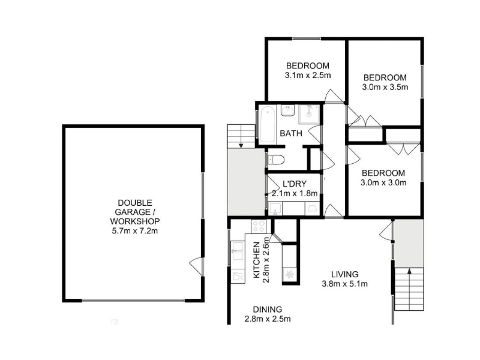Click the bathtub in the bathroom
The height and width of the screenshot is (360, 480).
[x=268, y=125]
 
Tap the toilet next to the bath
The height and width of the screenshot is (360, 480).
[x=276, y=160]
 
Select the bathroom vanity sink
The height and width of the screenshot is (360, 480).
[x=288, y=110]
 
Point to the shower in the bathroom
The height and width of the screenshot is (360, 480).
[x=309, y=114]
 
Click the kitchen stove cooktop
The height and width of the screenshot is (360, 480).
[x=259, y=227]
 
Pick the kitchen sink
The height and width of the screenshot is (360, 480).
[x=237, y=251]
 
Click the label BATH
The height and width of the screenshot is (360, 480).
[x=291, y=133]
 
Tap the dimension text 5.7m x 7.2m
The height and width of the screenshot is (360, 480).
[x=134, y=231]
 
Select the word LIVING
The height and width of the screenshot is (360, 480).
[x=344, y=274]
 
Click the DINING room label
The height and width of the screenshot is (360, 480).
[x=267, y=310]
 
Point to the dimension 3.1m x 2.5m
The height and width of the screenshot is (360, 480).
[x=308, y=76]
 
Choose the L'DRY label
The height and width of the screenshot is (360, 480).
[x=295, y=184]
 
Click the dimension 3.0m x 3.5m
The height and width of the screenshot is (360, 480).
[x=385, y=87]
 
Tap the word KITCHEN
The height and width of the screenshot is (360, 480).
[x=257, y=260]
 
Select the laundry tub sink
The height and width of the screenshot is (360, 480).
[x=275, y=209]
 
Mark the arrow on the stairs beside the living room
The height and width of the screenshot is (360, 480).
[x=409, y=271]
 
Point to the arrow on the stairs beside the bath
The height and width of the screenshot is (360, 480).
[x=241, y=146]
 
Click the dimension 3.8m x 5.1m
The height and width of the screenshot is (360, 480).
[x=344, y=284]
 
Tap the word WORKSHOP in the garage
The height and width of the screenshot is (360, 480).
[x=134, y=221]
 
